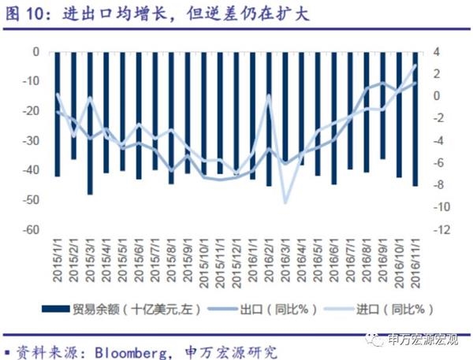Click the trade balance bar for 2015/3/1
90,123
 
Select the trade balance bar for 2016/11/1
415,118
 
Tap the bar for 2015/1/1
57,114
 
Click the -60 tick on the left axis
32,230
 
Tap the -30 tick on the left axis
32,141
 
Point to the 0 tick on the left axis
36,52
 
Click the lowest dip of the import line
285,203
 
